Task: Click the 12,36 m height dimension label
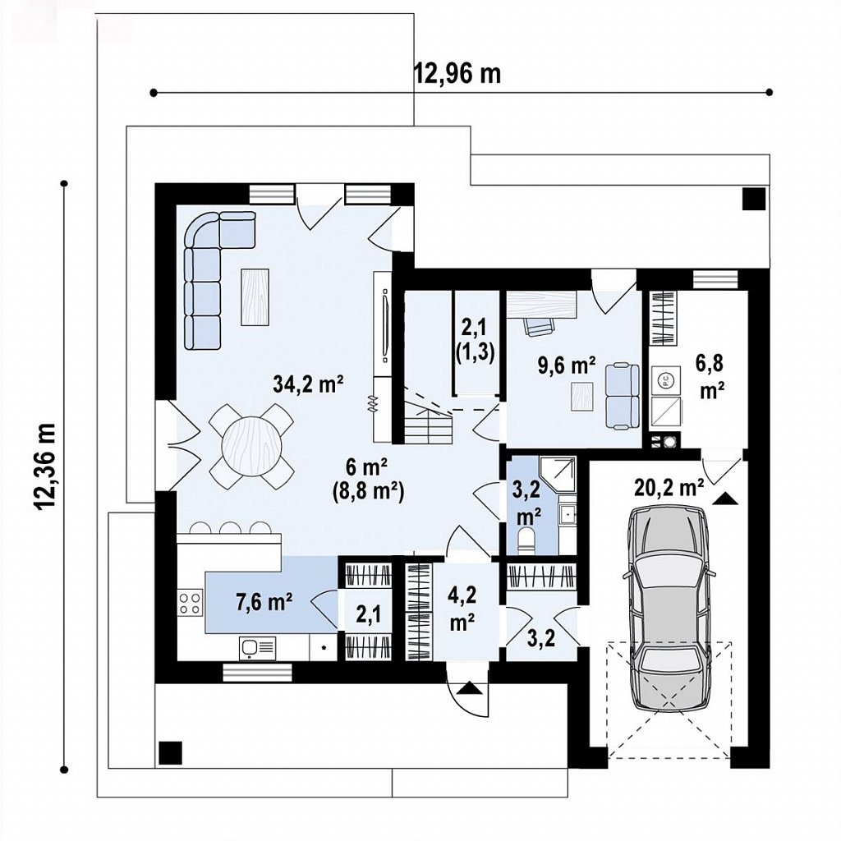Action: tap(46, 466)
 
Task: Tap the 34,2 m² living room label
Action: tap(309, 384)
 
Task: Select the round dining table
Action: tap(252, 446)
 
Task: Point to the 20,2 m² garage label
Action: tap(669, 488)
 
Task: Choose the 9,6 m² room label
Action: tap(567, 365)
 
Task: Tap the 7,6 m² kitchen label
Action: tap(264, 602)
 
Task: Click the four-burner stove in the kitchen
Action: tap(191, 602)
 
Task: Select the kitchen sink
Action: tap(257, 649)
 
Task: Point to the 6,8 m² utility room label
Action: tap(709, 376)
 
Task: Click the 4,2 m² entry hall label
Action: tap(462, 609)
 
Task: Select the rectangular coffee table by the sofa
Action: tap(255, 296)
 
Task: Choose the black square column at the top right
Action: tap(754, 199)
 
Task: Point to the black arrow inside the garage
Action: tap(725, 499)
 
